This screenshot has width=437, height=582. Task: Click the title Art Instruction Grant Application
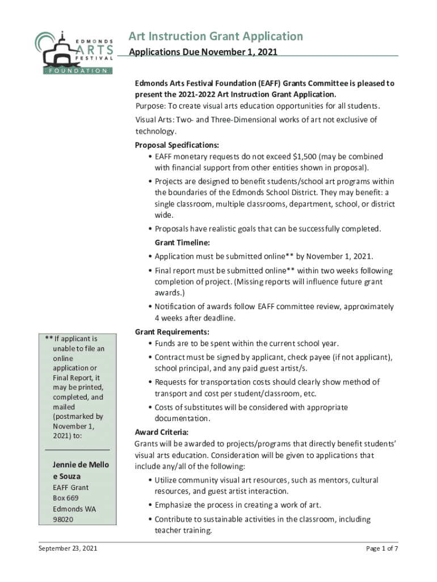216,37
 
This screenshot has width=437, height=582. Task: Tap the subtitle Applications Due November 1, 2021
203,53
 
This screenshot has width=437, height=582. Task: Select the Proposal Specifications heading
177,145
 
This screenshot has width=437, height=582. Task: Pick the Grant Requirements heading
172,332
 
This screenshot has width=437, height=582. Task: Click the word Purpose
150,107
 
